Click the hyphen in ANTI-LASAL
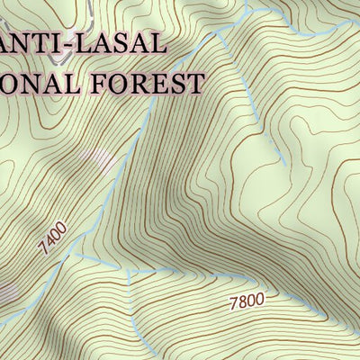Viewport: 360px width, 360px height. click(69, 43)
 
